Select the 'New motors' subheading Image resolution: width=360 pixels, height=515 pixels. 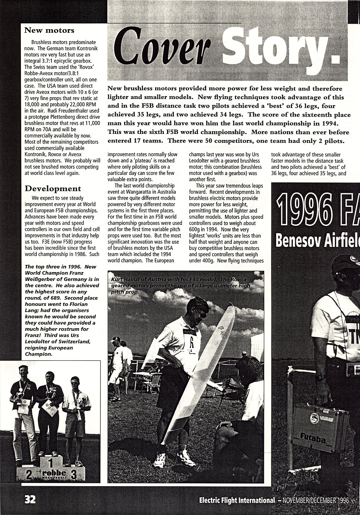49,30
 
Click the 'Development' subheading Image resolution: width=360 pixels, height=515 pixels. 53,189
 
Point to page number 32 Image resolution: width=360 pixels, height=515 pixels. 30,500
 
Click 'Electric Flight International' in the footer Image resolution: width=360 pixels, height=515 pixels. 237,500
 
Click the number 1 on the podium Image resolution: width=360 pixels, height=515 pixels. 50,463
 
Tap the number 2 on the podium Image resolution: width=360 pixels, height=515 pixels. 28,475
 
